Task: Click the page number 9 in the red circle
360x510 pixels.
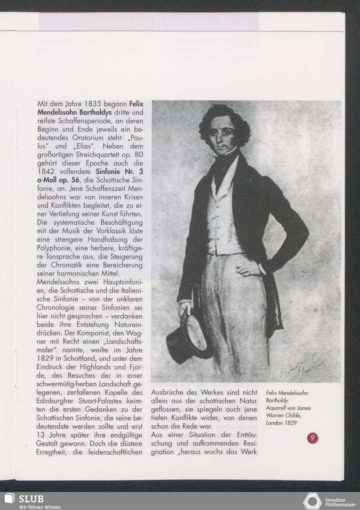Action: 312,438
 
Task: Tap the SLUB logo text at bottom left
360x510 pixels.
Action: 32,499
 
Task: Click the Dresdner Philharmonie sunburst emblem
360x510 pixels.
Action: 312,501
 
